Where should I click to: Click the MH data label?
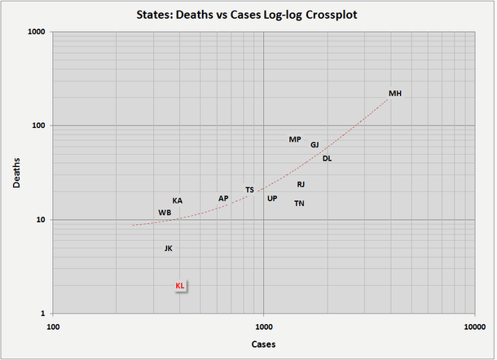click(x=395, y=94)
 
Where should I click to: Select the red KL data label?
click(x=180, y=286)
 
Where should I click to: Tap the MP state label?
click(x=295, y=140)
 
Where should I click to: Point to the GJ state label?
click(x=314, y=145)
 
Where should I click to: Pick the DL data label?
click(x=327, y=159)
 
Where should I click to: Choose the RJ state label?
click(x=301, y=185)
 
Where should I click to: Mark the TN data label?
click(x=300, y=204)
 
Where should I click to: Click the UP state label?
click(x=272, y=199)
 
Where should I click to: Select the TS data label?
click(x=249, y=191)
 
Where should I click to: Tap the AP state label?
click(x=223, y=199)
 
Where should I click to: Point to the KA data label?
click(x=178, y=201)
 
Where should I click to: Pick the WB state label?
click(x=165, y=213)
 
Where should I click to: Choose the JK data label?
click(x=168, y=248)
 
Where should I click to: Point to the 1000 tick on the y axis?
click(x=37, y=32)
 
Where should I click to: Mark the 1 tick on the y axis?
click(x=43, y=314)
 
